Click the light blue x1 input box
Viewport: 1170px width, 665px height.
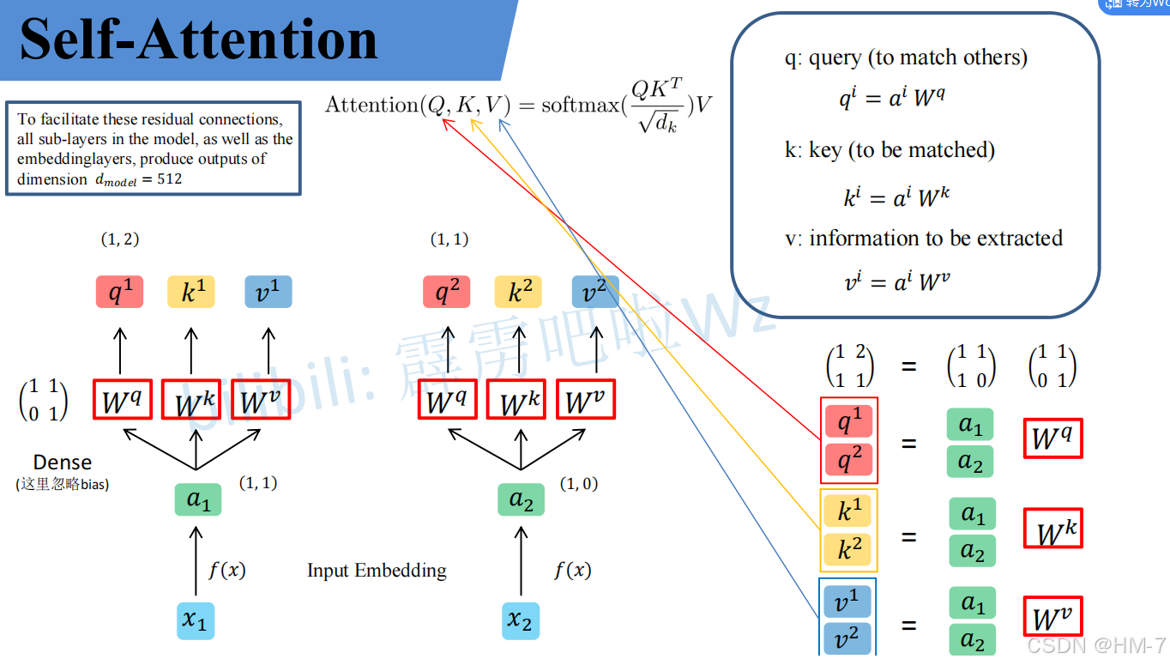(x=196, y=620)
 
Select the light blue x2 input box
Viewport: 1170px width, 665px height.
(x=520, y=620)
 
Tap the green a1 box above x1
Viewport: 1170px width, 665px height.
(x=198, y=499)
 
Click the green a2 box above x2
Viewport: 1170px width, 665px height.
(x=521, y=499)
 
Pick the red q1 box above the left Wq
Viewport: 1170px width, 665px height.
(x=119, y=293)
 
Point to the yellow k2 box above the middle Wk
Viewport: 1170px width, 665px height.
(x=517, y=293)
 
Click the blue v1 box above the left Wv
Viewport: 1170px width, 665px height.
(x=268, y=293)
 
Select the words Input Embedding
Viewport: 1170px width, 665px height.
(x=377, y=571)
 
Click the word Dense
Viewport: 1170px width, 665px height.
(x=63, y=462)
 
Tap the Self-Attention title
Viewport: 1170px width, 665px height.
(x=198, y=39)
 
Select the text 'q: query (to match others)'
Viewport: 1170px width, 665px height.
(x=906, y=57)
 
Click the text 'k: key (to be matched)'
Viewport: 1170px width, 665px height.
(x=890, y=150)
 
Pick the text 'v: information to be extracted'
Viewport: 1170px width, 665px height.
(x=923, y=238)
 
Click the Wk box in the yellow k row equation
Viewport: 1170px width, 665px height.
(x=1052, y=529)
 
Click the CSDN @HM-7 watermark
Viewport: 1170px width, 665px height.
(x=1095, y=644)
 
